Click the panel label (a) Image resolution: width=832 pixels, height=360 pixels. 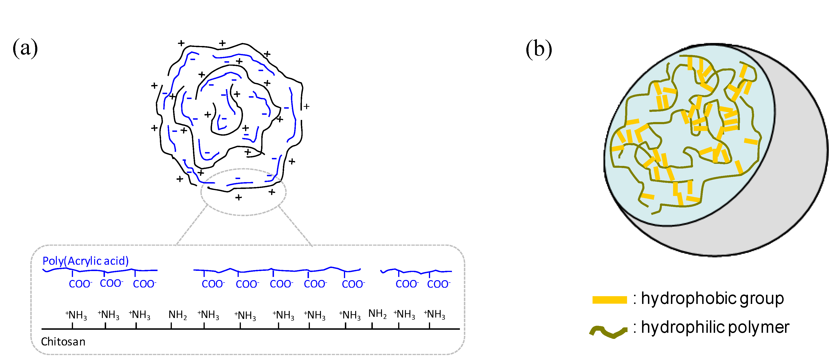click(x=25, y=48)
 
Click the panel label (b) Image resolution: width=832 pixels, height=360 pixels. click(x=539, y=49)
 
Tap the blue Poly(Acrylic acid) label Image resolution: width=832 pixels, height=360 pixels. click(x=86, y=261)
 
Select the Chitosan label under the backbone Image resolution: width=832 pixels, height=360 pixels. click(x=63, y=342)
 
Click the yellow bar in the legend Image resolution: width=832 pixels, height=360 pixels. click(x=609, y=300)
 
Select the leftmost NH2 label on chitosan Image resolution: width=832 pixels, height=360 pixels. click(x=178, y=315)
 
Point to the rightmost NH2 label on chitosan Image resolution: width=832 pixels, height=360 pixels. click(x=377, y=314)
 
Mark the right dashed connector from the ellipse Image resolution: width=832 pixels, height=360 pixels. click(x=296, y=225)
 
